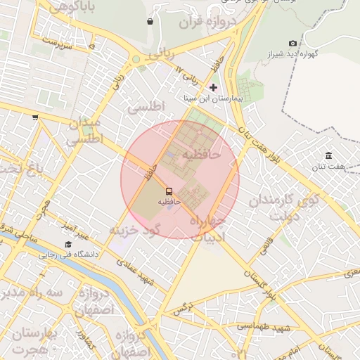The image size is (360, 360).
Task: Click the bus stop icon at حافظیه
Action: coord(169,191)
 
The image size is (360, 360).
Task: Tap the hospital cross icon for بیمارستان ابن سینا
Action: coord(214,88)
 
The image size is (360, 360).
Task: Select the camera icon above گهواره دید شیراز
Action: coord(292,43)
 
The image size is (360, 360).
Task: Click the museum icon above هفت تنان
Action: coord(328,155)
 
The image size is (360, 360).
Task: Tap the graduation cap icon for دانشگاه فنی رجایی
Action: coord(68,244)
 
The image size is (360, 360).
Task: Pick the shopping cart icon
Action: coord(35,118)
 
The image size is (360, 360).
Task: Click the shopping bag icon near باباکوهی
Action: coord(150,21)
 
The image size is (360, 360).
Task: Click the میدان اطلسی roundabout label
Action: coord(86,131)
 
